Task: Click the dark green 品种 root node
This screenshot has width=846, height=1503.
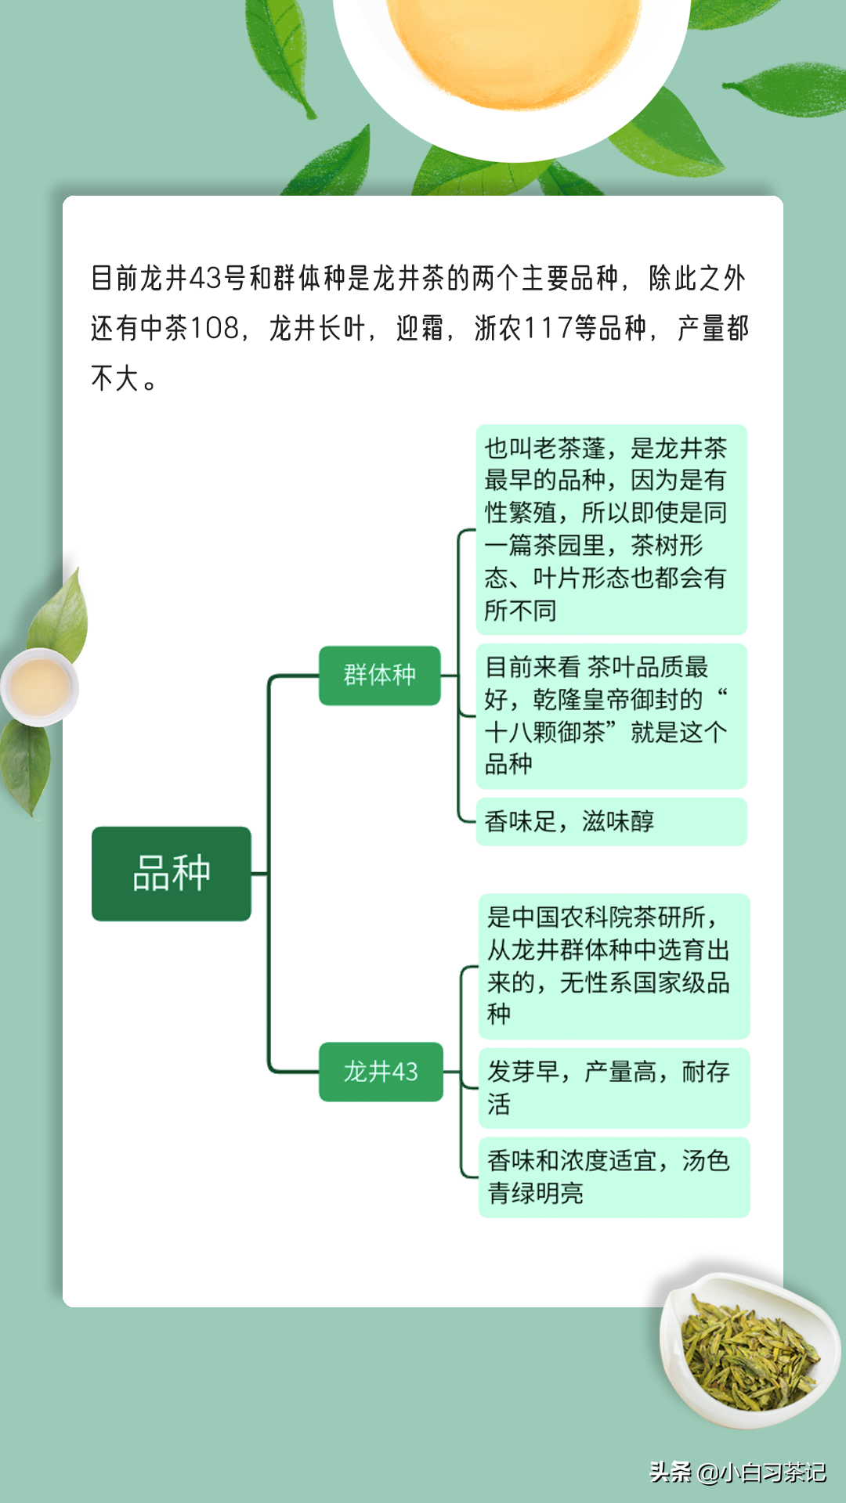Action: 172,874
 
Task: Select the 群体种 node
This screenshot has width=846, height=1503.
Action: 380,676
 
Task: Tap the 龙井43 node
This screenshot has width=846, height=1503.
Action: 381,1072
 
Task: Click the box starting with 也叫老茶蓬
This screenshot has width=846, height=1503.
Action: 612,529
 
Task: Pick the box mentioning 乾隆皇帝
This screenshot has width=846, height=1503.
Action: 612,715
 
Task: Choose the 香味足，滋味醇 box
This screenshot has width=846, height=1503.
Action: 612,822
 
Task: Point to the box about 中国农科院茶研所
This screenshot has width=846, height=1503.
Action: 614,966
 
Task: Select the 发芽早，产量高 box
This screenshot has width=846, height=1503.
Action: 614,1088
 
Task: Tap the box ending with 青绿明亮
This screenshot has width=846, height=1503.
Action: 614,1177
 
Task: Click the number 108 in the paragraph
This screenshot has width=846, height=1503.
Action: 215,328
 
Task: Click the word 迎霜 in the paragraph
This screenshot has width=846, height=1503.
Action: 420,328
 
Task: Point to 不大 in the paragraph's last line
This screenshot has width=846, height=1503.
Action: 115,378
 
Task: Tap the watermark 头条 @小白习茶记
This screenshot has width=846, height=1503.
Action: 738,1472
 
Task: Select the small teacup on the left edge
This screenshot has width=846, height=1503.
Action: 39,687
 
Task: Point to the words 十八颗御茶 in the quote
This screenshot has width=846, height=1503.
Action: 545,733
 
